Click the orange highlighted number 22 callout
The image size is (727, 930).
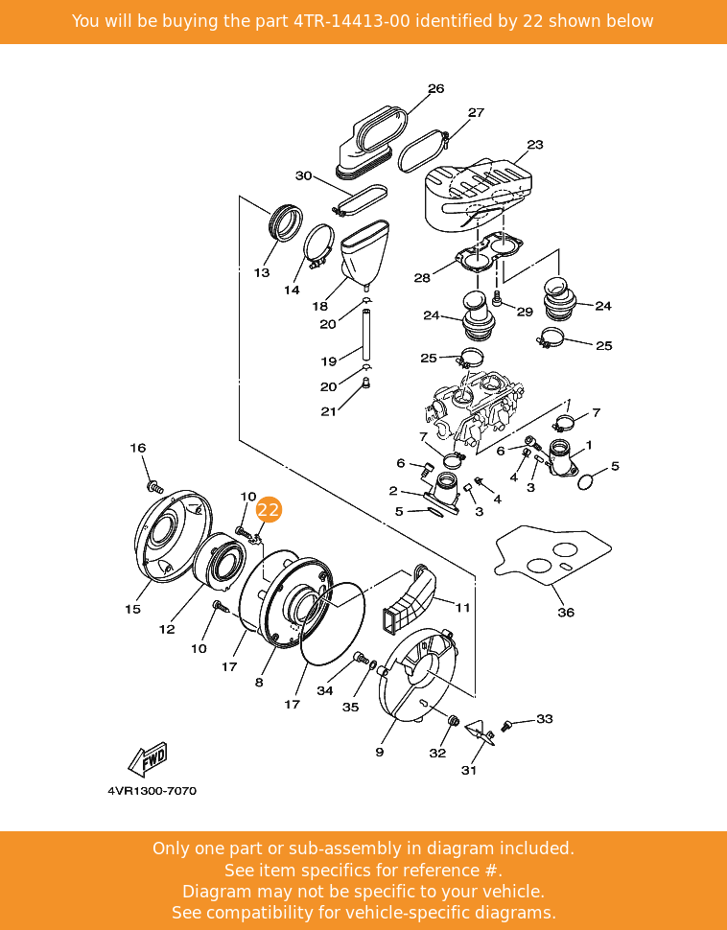269,510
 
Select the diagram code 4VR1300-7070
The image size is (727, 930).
152,791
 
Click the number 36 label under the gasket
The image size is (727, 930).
566,612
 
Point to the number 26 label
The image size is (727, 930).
435,89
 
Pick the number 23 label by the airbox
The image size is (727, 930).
534,145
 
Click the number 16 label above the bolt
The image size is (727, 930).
138,448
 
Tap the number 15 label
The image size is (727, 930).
132,609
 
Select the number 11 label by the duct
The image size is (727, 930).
462,607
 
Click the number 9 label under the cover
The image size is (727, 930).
380,752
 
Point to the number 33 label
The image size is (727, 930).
544,718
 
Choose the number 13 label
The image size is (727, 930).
262,273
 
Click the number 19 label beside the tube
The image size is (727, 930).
328,361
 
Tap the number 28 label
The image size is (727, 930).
422,278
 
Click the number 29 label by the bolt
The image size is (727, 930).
524,312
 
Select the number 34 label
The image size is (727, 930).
325,690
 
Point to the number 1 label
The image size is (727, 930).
588,445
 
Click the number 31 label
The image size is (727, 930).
469,769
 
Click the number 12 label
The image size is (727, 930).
167,630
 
